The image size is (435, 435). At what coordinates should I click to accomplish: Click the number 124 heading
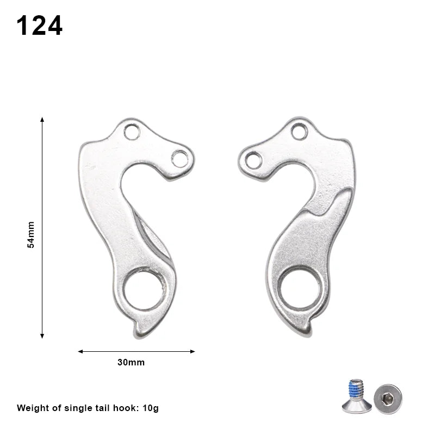pyautogui.click(x=39, y=26)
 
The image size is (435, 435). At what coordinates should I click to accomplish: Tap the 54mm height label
pyautogui.click(x=31, y=234)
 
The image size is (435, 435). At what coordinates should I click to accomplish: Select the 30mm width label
pyautogui.click(x=131, y=362)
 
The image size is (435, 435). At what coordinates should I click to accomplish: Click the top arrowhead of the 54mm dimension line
pyautogui.click(x=42, y=119)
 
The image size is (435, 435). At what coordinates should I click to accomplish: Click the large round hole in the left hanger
pyautogui.click(x=144, y=288)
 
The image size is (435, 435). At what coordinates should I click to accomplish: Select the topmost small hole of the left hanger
pyautogui.click(x=132, y=131)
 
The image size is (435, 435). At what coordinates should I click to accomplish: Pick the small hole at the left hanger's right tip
pyautogui.click(x=179, y=158)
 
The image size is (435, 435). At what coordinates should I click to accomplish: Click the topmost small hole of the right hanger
pyautogui.click(x=299, y=131)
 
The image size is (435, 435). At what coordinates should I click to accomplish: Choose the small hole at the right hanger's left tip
pyautogui.click(x=253, y=160)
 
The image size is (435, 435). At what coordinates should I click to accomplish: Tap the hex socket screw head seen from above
pyautogui.click(x=388, y=399)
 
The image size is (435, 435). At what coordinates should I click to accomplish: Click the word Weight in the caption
pyautogui.click(x=32, y=408)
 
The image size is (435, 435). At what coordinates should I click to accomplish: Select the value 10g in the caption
pyautogui.click(x=148, y=408)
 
